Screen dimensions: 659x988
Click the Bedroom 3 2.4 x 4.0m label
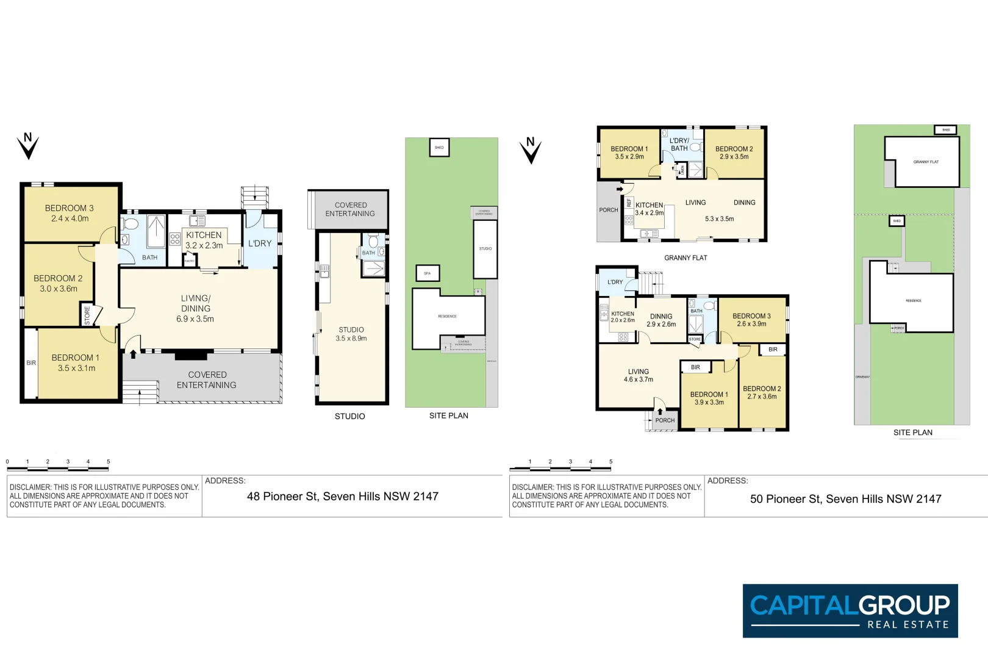(x=70, y=213)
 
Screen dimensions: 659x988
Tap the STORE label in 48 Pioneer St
(x=87, y=315)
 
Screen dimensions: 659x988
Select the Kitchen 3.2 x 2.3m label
(x=204, y=240)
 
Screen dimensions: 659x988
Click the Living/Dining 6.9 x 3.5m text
(x=195, y=308)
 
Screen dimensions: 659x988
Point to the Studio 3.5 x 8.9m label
(x=351, y=334)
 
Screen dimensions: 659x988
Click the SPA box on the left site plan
(x=427, y=273)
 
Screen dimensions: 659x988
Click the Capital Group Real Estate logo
(x=850, y=611)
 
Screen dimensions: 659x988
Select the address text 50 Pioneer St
(x=845, y=499)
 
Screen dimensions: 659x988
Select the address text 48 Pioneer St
(x=342, y=497)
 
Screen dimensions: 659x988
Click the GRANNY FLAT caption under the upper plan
(x=686, y=258)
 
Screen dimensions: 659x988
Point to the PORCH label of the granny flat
(x=608, y=210)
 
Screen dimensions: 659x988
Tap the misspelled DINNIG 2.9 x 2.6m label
(x=661, y=320)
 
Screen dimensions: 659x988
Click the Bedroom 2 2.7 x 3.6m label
(x=762, y=392)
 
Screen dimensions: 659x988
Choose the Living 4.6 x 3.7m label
(x=638, y=375)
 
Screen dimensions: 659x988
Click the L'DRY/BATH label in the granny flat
(x=679, y=144)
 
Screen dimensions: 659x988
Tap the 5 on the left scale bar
(x=109, y=462)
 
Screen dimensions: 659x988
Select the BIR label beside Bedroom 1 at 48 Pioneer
(x=31, y=363)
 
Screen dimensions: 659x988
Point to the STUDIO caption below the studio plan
(x=349, y=416)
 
